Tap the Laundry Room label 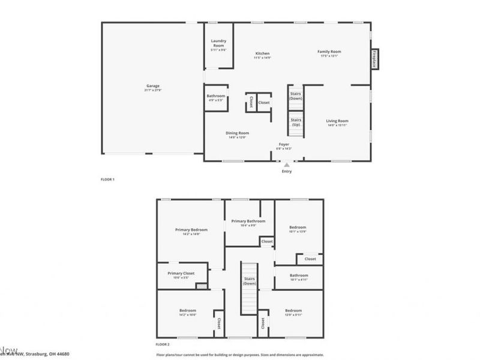218,43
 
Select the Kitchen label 262,53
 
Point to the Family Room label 329,52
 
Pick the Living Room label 337,121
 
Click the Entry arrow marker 287,164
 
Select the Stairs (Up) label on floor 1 296,122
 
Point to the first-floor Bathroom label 216,96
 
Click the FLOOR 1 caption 107,179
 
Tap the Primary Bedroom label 191,229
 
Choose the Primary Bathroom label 248,221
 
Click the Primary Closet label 179,273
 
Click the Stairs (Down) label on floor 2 250,281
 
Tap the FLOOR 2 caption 163,344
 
